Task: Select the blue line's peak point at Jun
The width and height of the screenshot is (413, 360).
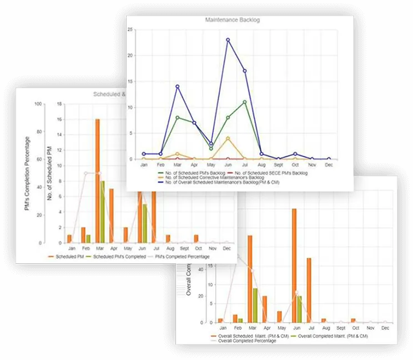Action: coord(228,40)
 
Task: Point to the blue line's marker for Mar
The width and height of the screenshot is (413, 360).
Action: coord(177,87)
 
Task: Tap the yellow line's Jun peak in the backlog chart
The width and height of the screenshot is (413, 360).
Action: coord(228,138)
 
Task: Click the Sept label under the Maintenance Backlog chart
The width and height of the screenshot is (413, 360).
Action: coord(278,165)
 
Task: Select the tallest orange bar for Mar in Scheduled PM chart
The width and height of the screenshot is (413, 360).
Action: coord(97,181)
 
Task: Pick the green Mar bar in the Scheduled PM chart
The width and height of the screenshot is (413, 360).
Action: coord(102,211)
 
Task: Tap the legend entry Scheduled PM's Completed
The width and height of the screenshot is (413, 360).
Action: coord(119,257)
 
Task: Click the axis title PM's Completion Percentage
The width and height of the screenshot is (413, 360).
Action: coord(27,173)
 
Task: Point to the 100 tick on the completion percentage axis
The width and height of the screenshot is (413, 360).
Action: coord(39,104)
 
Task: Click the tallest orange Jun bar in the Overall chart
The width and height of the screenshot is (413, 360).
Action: coord(294,266)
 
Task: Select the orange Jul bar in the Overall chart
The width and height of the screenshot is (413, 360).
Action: coord(309,290)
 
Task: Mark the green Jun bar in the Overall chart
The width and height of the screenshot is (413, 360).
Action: coord(299,309)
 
